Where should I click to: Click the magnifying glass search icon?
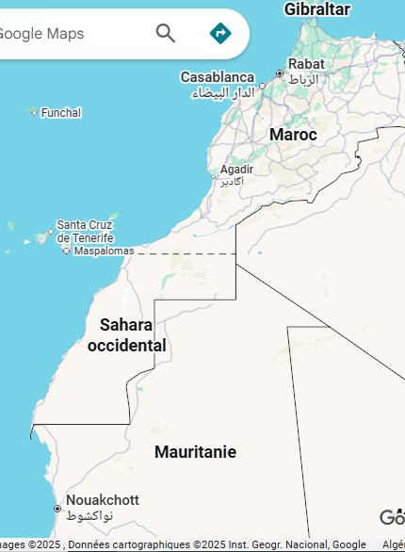pos(166,34)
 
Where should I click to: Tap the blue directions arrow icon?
pos(220,34)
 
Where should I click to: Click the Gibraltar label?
pos(316,9)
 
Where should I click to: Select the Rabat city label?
pos(306,64)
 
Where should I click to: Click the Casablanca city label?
pos(218,77)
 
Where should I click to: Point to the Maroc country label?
pos(293,135)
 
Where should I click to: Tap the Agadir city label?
pos(236,170)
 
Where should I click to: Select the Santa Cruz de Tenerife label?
pos(86,231)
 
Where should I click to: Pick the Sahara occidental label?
pos(127,335)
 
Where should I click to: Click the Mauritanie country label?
pos(195,452)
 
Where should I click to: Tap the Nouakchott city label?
pos(103,500)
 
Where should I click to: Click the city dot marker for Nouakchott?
pos(57,509)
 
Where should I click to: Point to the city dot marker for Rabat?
pos(280,73)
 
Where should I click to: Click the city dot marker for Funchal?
pos(34,113)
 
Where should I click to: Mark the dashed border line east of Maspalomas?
pos(188,253)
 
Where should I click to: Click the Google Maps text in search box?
pos(41,34)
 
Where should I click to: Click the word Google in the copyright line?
pos(348,545)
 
